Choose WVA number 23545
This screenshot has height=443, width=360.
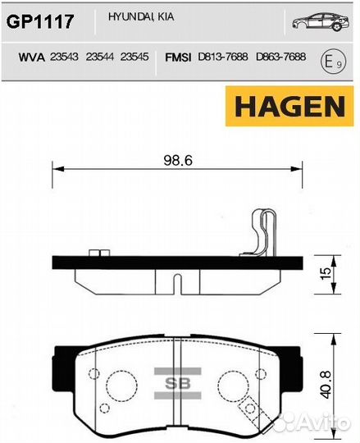[x=134, y=59]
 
